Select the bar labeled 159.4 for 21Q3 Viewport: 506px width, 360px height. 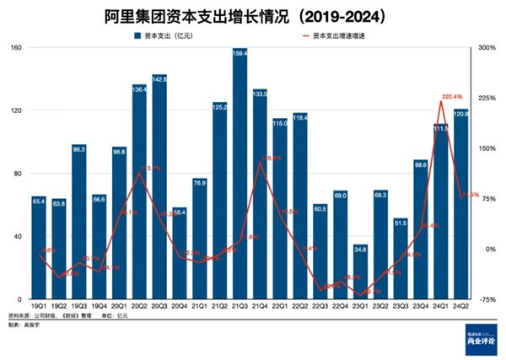point(240,177)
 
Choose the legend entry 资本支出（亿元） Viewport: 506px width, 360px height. point(173,36)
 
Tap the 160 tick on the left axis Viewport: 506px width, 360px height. point(16,48)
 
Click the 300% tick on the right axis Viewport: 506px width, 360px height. point(488,48)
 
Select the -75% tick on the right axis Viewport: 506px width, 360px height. point(488,299)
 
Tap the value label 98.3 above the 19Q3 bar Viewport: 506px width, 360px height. point(79,149)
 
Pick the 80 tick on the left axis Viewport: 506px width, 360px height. point(18,174)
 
